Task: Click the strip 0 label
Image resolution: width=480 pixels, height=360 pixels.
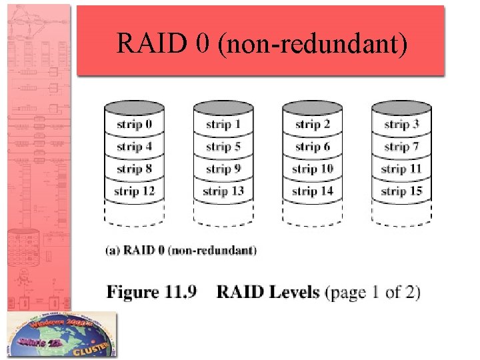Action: click(x=135, y=125)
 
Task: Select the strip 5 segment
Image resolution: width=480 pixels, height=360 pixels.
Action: click(x=223, y=147)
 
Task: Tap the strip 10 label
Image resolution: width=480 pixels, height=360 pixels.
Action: click(x=313, y=169)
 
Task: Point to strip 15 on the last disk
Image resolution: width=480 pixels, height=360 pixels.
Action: click(x=401, y=191)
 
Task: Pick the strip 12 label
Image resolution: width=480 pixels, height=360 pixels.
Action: click(x=135, y=191)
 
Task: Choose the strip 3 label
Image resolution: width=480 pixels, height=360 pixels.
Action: click(x=401, y=125)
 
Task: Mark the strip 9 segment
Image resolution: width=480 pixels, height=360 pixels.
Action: click(x=223, y=169)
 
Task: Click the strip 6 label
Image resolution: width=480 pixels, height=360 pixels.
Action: click(x=313, y=147)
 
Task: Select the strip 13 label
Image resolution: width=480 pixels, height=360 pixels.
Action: click(x=223, y=191)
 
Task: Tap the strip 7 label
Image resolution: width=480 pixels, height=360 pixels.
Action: click(x=401, y=147)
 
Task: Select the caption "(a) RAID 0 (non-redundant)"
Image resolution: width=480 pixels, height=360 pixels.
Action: click(x=181, y=251)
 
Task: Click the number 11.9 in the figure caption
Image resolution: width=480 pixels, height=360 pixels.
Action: click(x=177, y=292)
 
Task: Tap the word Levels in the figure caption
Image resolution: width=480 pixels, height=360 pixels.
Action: click(x=292, y=292)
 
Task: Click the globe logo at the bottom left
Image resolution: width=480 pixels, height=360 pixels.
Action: click(x=62, y=335)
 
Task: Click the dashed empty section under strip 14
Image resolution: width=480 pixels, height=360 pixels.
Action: click(x=313, y=213)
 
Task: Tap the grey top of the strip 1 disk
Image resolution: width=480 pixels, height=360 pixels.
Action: click(x=223, y=107)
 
